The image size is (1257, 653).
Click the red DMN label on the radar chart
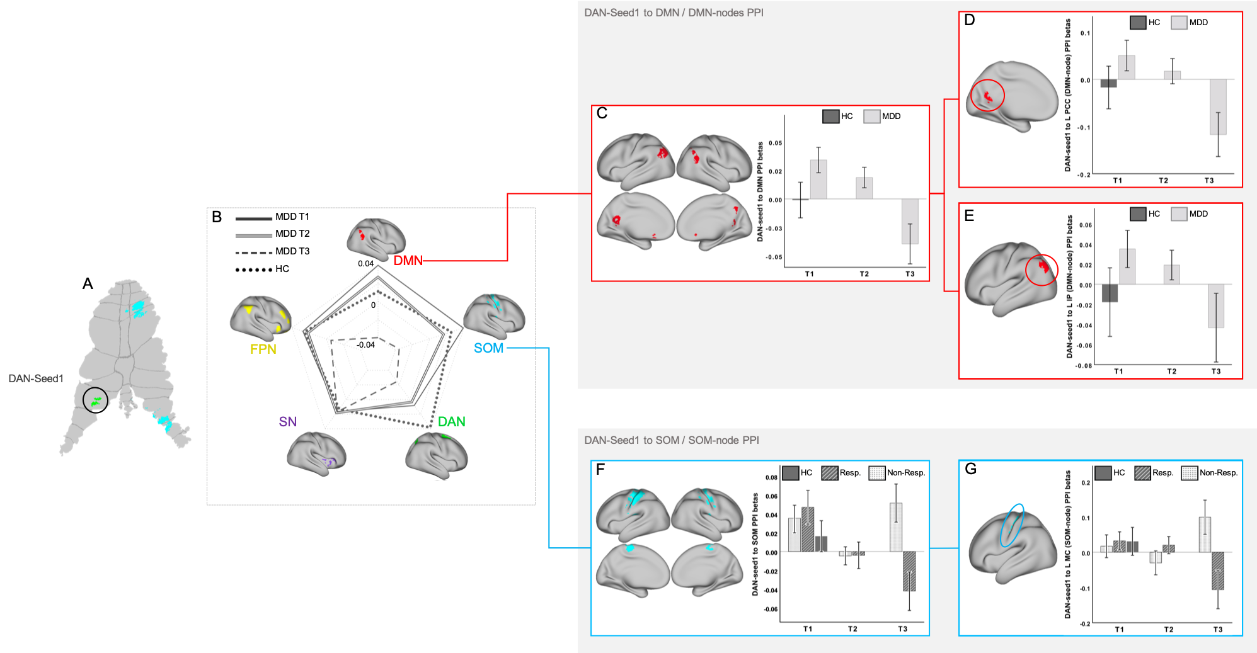408,261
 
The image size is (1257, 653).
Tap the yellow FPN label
263,349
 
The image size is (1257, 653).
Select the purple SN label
287,422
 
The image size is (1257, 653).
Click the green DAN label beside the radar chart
451,422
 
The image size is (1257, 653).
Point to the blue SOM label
488,348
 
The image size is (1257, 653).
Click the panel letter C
602,113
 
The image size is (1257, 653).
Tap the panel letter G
970,469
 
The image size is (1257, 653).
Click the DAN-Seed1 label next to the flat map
36,378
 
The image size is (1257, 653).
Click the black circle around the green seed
96,400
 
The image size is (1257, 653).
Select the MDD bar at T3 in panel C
910,221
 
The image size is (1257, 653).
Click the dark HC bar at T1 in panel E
1110,293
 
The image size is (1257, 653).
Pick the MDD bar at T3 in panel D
1217,107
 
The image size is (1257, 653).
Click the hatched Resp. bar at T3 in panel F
909,571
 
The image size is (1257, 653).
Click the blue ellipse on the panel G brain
1011,525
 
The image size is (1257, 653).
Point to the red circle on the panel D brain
987,96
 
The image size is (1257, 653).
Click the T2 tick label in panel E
1171,372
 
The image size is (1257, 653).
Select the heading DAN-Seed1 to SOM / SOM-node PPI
671,440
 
